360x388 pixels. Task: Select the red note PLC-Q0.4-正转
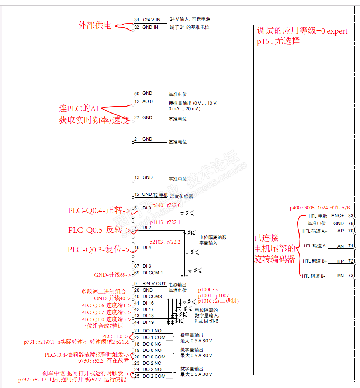[98, 211]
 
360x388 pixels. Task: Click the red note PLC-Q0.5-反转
[98, 230]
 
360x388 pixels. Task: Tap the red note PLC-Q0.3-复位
[98, 250]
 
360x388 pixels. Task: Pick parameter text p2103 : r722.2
[165, 242]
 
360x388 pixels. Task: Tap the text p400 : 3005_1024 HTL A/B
[320, 208]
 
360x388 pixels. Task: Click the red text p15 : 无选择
[278, 41]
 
